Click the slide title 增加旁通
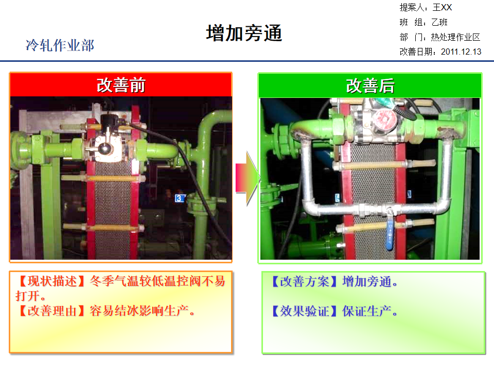pyautogui.click(x=244, y=33)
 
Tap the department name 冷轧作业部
pyautogui.click(x=60, y=45)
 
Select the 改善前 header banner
pyautogui.click(x=121, y=85)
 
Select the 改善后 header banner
pyautogui.click(x=370, y=86)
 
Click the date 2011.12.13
pyautogui.click(x=461, y=52)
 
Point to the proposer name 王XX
pyautogui.click(x=442, y=8)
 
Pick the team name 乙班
pyautogui.click(x=439, y=22)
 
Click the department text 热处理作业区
pyautogui.click(x=455, y=37)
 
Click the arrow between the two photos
pyautogui.click(x=246, y=178)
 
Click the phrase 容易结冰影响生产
pyautogui.click(x=142, y=311)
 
